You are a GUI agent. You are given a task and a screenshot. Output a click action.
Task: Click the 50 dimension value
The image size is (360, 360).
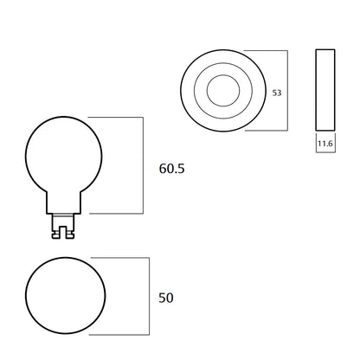(x=166, y=298)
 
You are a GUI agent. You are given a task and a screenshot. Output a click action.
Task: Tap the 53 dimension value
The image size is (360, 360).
(x=277, y=92)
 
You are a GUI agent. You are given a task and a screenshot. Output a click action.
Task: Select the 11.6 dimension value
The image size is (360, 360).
(x=325, y=145)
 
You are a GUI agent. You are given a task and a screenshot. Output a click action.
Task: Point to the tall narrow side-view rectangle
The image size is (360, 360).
(x=325, y=91)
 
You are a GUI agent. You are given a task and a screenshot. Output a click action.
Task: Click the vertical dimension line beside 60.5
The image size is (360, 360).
(x=143, y=164)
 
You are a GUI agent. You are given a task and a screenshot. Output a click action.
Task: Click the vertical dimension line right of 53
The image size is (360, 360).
(x=287, y=91)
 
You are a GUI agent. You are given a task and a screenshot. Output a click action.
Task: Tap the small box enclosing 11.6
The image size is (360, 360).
(x=325, y=144)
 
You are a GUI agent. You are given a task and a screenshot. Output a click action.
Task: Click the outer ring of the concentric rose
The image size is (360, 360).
(x=188, y=91)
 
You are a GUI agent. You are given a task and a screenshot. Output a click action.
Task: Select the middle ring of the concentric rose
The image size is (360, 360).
(x=202, y=91)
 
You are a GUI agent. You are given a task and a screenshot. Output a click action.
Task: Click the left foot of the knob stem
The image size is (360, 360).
(x=56, y=232)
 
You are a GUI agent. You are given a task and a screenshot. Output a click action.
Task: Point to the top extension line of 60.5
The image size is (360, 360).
(x=117, y=118)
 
